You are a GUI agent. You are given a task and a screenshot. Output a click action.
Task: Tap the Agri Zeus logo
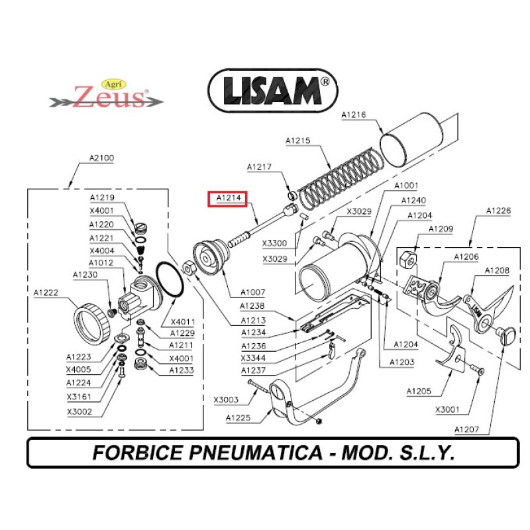coord(107,96)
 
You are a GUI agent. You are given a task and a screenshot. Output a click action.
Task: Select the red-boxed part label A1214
coord(227,197)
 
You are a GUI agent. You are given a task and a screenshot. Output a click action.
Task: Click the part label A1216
coord(354,115)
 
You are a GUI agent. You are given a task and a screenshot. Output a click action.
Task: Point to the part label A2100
coord(101,158)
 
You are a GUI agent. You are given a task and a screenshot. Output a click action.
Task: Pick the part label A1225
coord(238,417)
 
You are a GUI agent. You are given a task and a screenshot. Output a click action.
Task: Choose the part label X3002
coord(79,411)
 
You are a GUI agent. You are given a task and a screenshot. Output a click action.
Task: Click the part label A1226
coord(498,211)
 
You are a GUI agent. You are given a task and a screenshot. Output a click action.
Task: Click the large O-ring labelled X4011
coord(171,280)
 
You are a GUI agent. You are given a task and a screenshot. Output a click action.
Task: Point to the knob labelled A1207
coord(507,335)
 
